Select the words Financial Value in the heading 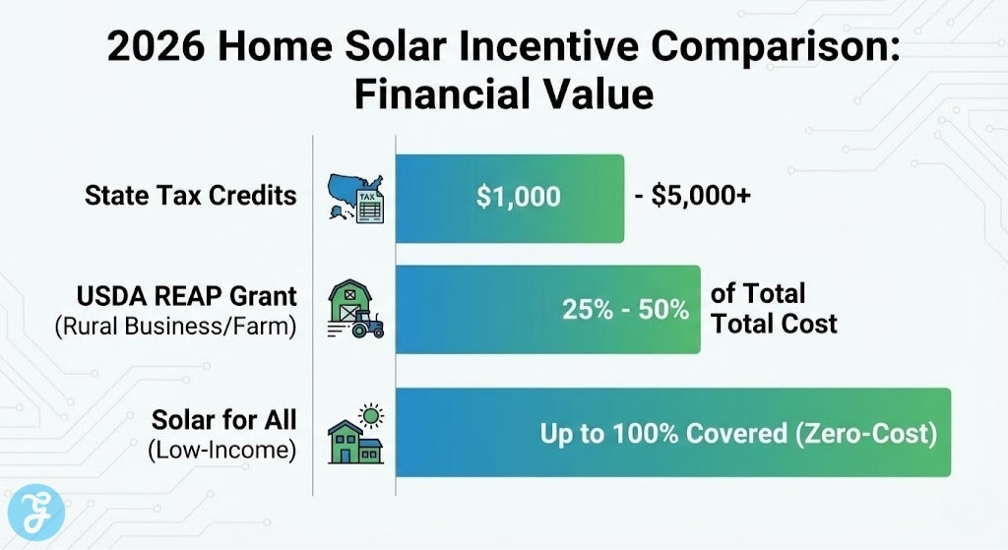point(503,95)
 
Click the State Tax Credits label point(190,195)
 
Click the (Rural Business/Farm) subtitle point(176,326)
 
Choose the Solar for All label point(224,420)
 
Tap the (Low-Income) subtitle point(222,451)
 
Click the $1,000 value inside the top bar point(518,197)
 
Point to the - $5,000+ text point(693,197)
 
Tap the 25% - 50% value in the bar point(625,309)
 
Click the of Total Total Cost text point(774,308)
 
